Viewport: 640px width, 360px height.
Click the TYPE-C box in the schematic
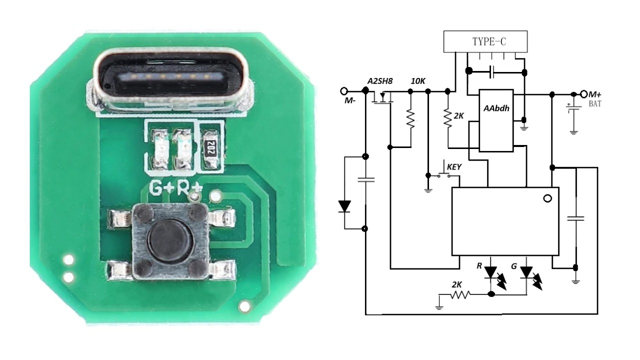click(x=485, y=41)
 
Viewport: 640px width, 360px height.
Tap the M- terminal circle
click(x=344, y=91)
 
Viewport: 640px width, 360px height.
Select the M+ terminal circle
click(x=584, y=94)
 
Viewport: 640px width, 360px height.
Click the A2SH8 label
click(x=379, y=81)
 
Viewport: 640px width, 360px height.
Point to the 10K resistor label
click(x=417, y=81)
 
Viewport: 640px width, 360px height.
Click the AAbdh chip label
click(x=496, y=108)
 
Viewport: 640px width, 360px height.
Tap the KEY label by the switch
click(x=453, y=167)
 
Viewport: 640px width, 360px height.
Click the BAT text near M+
click(x=595, y=104)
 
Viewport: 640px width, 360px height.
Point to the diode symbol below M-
click(x=344, y=206)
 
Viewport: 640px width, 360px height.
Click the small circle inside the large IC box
click(x=547, y=198)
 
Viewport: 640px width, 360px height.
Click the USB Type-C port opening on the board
click(x=169, y=77)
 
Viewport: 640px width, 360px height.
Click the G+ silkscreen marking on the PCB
click(x=161, y=188)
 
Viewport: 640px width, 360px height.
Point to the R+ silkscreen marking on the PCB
click(x=189, y=188)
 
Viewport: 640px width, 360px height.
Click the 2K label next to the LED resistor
click(x=456, y=285)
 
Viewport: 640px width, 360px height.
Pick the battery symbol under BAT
click(x=573, y=108)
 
